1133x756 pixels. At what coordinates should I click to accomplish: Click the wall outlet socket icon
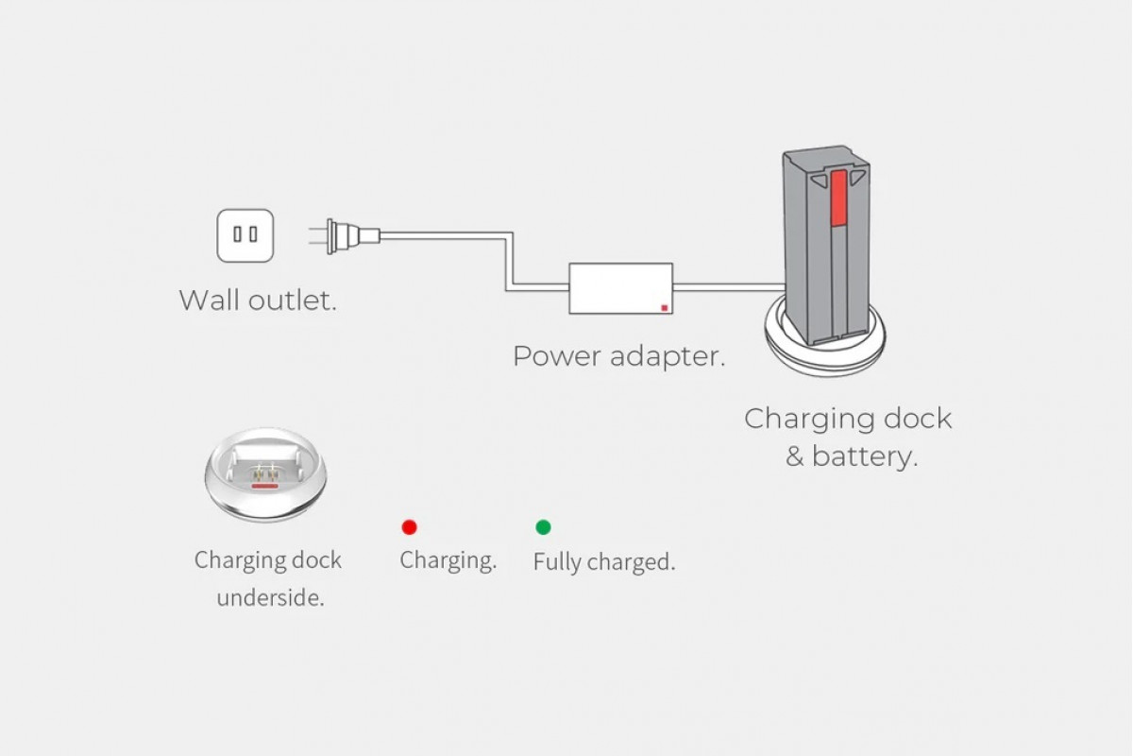[245, 235]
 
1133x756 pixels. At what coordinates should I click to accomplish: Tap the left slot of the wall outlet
[237, 234]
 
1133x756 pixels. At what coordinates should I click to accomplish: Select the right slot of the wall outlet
[253, 234]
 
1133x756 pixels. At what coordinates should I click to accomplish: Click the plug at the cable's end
[345, 236]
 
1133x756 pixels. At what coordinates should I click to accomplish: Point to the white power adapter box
[620, 288]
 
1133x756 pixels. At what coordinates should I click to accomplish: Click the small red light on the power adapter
[664, 308]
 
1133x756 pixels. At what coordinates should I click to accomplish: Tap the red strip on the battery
[838, 198]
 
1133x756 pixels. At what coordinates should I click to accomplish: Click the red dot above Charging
[409, 527]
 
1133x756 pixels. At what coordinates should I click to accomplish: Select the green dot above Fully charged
[543, 527]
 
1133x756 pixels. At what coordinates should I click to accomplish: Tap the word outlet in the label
[293, 300]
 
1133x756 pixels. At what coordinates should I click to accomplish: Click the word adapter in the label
[668, 356]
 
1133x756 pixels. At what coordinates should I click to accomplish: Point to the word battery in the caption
[865, 456]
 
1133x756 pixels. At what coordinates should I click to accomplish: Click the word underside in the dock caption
[271, 598]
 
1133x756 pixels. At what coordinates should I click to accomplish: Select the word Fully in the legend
[557, 562]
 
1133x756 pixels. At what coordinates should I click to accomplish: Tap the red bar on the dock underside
[265, 486]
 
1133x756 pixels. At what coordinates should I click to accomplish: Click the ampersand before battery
[795, 456]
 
